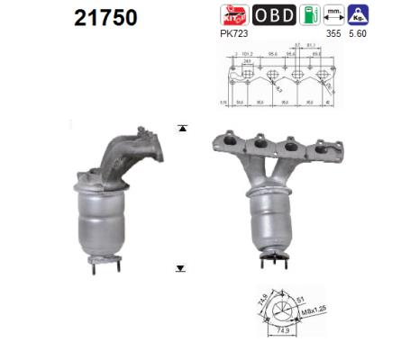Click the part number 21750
pos(101,17)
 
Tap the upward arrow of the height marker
pos(181,129)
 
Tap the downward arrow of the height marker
pos(181,267)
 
